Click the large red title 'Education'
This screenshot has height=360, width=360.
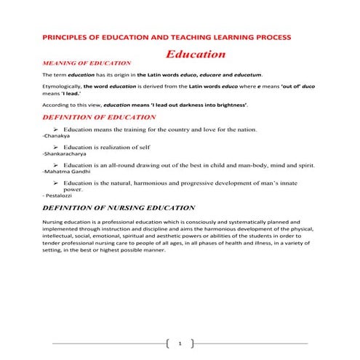(x=195, y=55)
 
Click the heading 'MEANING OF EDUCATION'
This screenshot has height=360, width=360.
(x=87, y=63)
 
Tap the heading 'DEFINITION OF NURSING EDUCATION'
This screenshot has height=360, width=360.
(x=119, y=207)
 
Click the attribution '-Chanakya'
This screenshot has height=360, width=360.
(x=57, y=136)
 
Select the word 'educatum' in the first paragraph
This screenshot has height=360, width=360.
(x=247, y=75)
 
